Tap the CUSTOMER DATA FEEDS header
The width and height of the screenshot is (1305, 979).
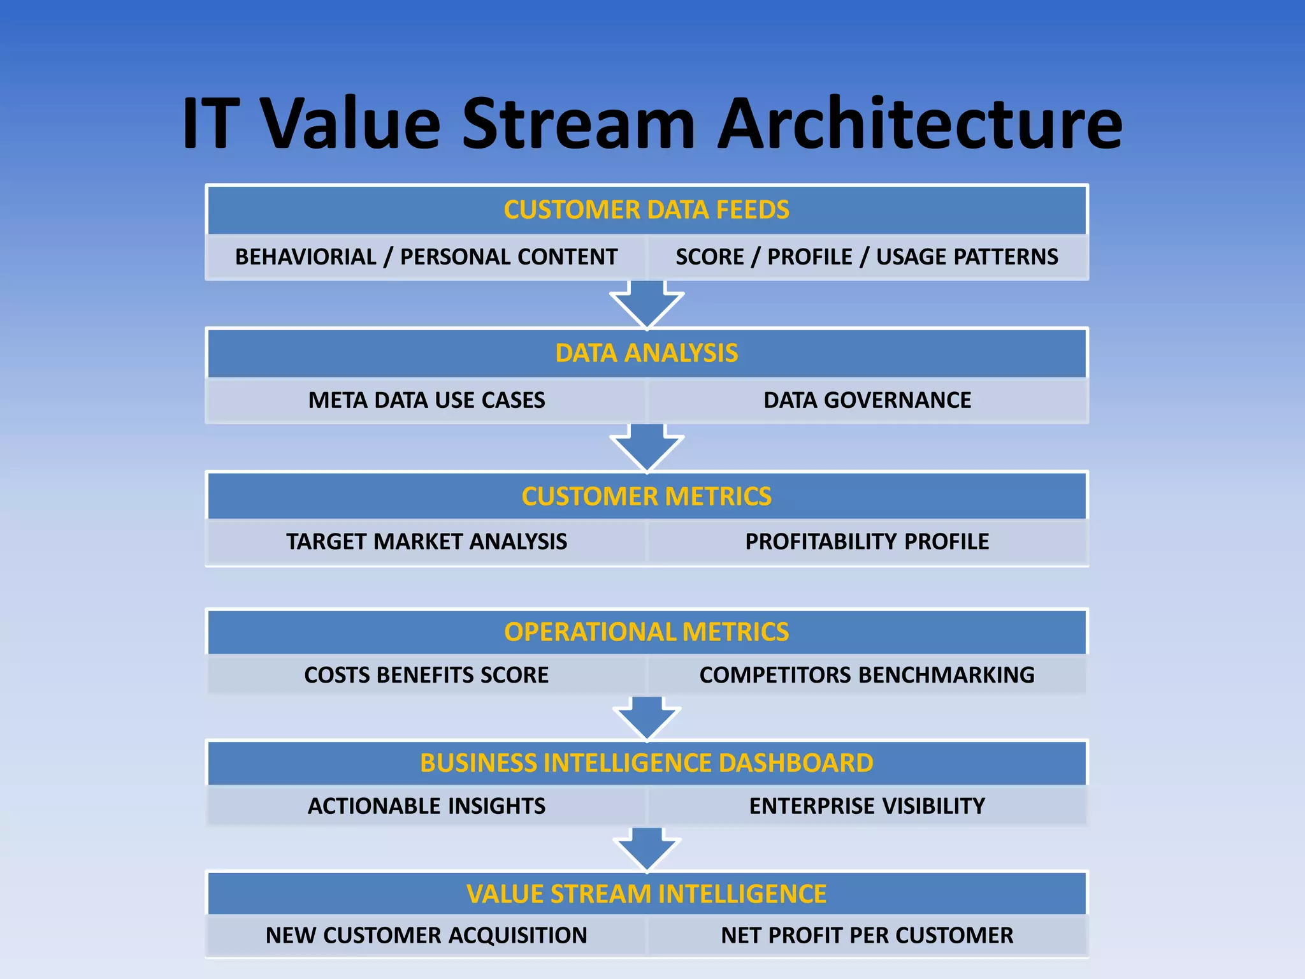pos(646,210)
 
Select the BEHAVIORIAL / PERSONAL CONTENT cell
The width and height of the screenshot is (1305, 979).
pos(426,257)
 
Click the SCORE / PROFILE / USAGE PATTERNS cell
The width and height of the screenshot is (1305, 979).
pos(867,257)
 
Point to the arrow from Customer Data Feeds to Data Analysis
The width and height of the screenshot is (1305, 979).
pos(647,304)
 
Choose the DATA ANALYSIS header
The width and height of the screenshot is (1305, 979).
pos(646,353)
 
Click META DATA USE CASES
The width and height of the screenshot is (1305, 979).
pos(426,400)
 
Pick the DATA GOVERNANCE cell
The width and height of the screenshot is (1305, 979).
pos(867,400)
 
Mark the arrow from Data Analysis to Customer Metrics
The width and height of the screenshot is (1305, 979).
pos(647,447)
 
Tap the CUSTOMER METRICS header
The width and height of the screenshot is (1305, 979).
pos(646,497)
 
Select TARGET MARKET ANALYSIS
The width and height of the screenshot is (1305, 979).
pos(426,542)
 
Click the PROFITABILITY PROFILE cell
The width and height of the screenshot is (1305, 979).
pos(867,542)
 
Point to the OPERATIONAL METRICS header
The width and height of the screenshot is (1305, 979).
pos(646,632)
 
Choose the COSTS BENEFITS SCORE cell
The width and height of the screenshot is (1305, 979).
pos(426,675)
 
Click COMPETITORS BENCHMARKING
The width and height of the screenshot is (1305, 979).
pos(867,675)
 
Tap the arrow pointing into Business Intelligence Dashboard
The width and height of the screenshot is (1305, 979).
pos(647,718)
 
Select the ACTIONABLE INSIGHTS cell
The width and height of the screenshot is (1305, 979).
pos(426,806)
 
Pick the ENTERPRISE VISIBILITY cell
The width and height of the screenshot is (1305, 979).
pos(867,806)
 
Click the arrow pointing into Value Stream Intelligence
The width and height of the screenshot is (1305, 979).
pos(647,850)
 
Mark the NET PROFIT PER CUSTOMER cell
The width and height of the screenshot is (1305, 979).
pos(867,936)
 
